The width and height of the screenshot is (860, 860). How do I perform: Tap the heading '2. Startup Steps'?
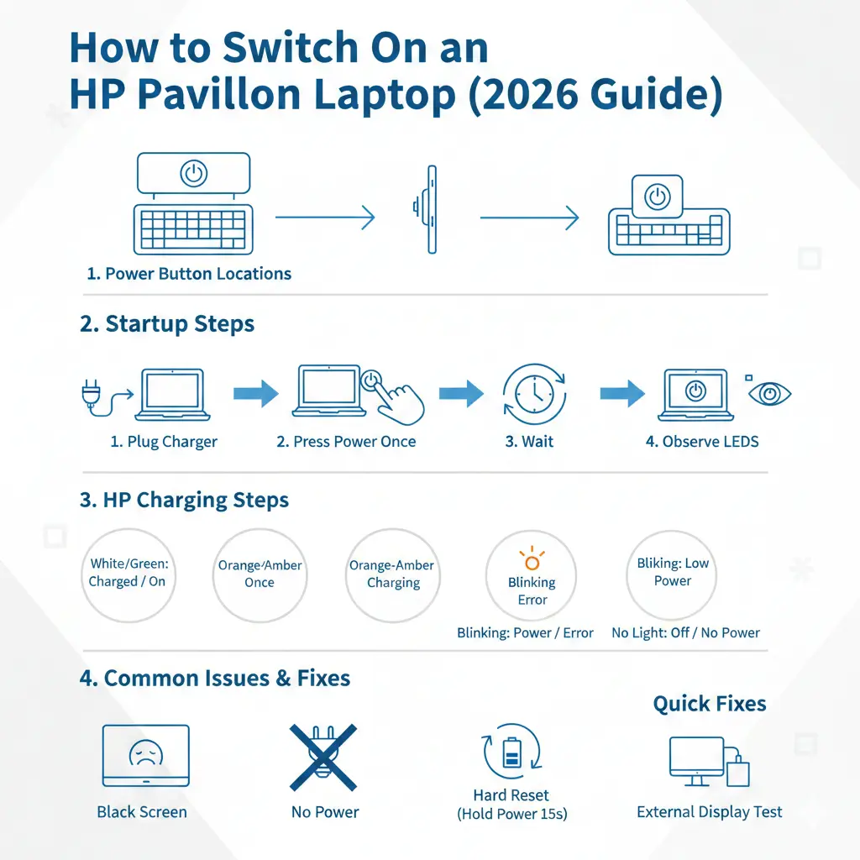pyautogui.click(x=167, y=323)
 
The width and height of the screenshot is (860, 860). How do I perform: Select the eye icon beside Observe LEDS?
pyautogui.click(x=769, y=394)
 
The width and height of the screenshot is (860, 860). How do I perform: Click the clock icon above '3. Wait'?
pyautogui.click(x=534, y=395)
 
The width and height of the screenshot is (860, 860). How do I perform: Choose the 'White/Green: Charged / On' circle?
pyautogui.click(x=128, y=574)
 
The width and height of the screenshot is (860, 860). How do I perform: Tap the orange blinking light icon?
pyautogui.click(x=532, y=558)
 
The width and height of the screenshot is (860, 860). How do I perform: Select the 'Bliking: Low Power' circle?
pyautogui.click(x=672, y=574)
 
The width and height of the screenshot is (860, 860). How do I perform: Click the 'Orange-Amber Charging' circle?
pyautogui.click(x=393, y=574)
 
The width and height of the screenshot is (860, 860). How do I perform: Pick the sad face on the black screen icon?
pyautogui.click(x=146, y=753)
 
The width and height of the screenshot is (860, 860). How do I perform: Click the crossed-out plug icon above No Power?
pyautogui.click(x=323, y=758)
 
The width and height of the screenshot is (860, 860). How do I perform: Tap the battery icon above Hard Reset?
pyautogui.click(x=511, y=752)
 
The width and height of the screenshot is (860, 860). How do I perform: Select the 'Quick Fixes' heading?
pyautogui.click(x=709, y=704)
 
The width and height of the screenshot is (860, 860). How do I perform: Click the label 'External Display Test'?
pyautogui.click(x=709, y=812)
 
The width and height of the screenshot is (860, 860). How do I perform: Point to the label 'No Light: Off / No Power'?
pyautogui.click(x=685, y=633)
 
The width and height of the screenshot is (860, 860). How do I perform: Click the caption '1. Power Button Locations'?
pyautogui.click(x=189, y=274)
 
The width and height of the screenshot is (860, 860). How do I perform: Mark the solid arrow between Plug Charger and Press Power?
pyautogui.click(x=255, y=393)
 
